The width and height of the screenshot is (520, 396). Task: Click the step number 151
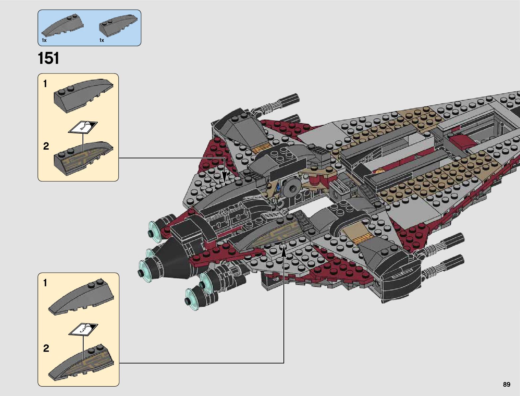point(49,59)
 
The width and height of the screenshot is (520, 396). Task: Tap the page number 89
point(506,385)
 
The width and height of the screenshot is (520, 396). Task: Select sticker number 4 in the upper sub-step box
point(83,127)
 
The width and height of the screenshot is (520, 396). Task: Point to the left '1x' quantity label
point(44,40)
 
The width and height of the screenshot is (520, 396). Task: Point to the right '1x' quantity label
point(102,40)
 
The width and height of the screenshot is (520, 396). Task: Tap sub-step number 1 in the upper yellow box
point(45,84)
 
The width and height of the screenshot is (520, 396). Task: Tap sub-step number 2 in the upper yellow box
point(46,146)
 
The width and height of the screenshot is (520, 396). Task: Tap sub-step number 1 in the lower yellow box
point(45,283)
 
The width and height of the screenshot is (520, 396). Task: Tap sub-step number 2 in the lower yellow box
point(46,348)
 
